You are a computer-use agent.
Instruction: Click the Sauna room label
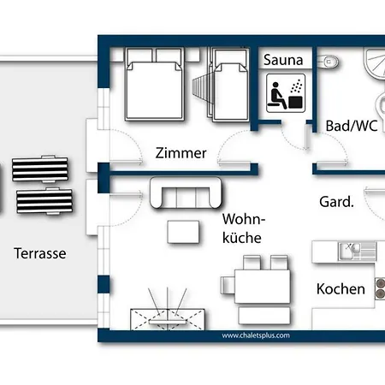pos(281,60)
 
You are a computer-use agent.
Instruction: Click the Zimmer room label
pos(181,153)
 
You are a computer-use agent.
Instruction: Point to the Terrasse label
pos(40,253)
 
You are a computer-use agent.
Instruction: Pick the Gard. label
pos(337,203)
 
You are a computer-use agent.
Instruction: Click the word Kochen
pos(341,289)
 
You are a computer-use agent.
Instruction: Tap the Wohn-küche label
pos(241,228)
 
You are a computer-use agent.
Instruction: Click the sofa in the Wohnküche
pos(186,192)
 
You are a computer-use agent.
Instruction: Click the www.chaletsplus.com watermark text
pos(256,336)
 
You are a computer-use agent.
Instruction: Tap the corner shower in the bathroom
pos(372,68)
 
